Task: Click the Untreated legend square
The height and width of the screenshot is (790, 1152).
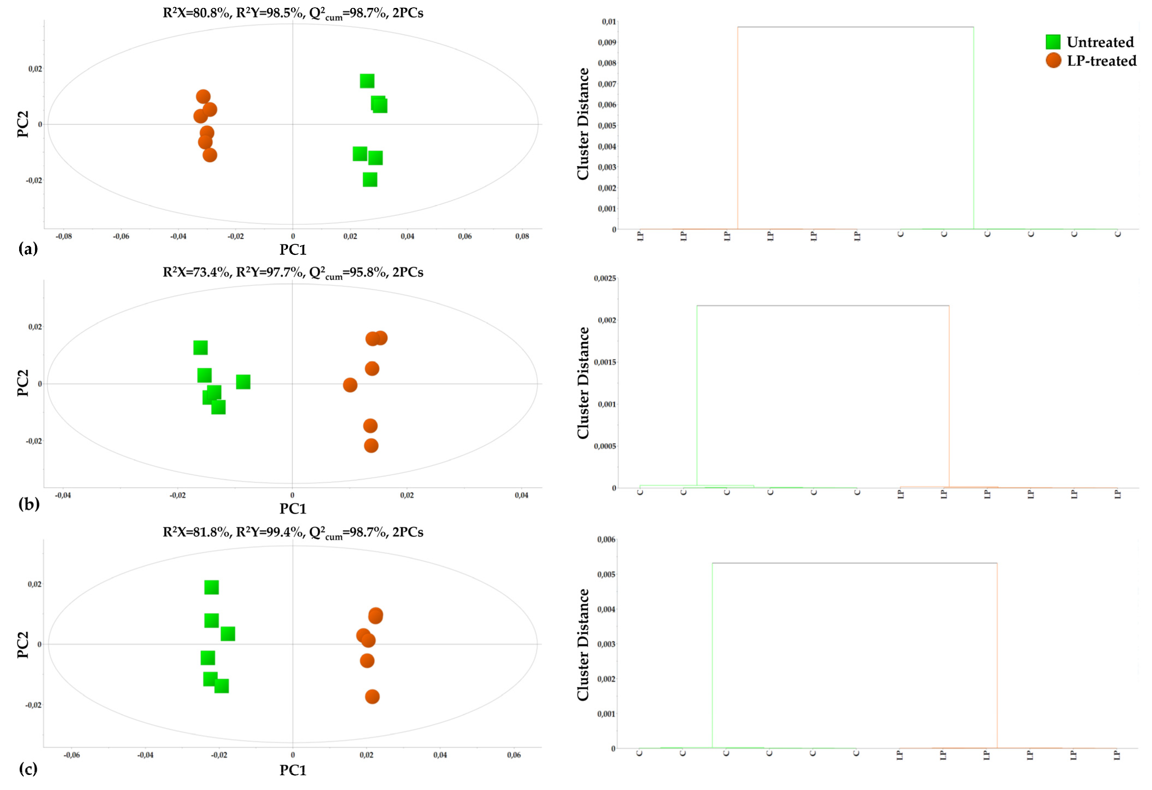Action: (x=1053, y=42)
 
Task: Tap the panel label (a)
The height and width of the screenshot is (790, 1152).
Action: (x=28, y=249)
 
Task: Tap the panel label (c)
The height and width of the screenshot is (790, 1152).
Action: (x=28, y=769)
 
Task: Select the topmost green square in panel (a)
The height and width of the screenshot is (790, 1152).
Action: (x=367, y=81)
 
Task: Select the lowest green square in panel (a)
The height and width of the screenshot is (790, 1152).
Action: (x=370, y=179)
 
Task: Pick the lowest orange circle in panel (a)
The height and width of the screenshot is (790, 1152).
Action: (x=210, y=155)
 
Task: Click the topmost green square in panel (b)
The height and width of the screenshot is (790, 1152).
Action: (x=200, y=348)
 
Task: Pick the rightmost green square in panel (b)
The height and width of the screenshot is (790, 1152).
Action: (x=243, y=382)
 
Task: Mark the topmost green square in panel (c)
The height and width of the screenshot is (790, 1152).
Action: (x=212, y=588)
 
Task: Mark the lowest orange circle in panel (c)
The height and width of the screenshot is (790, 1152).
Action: (x=372, y=697)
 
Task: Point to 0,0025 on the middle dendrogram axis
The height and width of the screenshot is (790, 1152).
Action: (x=605, y=279)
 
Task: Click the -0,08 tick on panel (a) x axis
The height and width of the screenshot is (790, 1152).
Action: (x=63, y=237)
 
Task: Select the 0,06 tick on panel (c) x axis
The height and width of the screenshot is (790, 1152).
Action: (x=514, y=755)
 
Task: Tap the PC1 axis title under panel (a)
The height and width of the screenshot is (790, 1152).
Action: (x=293, y=249)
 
